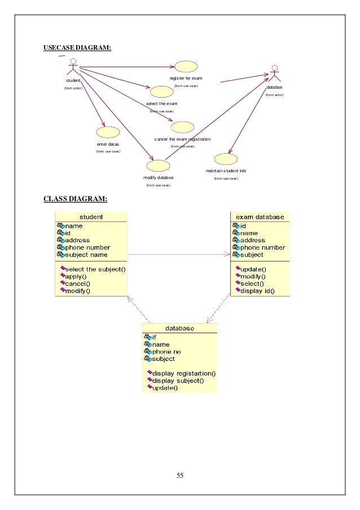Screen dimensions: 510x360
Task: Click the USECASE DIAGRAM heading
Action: [x=77, y=47]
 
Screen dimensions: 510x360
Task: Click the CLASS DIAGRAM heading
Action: [x=75, y=198]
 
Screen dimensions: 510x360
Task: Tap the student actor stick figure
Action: [x=73, y=69]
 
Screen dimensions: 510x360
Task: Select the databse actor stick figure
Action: [x=274, y=75]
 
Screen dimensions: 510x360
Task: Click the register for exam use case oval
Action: [x=186, y=66]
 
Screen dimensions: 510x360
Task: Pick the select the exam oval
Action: [x=162, y=92]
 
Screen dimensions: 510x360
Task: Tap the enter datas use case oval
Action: [x=108, y=132]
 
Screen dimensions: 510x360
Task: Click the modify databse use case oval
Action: [x=157, y=165]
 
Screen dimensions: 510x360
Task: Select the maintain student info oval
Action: [x=226, y=159]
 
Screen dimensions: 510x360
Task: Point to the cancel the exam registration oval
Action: [x=182, y=127]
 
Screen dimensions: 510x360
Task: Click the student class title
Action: [x=91, y=216]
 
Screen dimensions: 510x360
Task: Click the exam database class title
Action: [x=260, y=216]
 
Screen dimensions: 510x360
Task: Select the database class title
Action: [x=179, y=328]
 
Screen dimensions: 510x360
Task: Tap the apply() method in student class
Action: [x=77, y=277]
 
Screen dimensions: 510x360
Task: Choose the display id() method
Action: [x=257, y=291]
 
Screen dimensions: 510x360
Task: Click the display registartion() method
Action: [x=184, y=373]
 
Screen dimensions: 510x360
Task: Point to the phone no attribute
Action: [x=166, y=351]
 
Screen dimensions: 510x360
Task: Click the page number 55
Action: [x=180, y=475]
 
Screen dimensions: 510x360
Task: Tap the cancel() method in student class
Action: [x=78, y=284]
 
